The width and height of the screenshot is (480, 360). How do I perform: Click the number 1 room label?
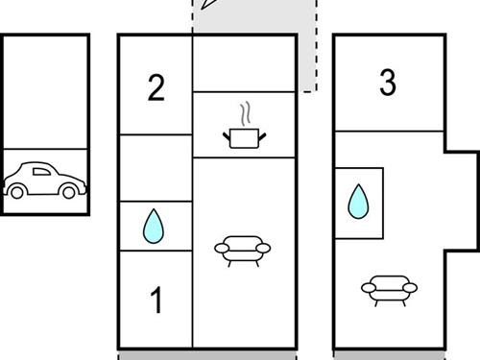pos(156,300)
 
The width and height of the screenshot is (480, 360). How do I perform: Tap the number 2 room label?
pos(156,87)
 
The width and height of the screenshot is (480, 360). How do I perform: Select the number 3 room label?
pos(388,83)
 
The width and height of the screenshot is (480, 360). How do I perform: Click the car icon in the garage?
pos(45,180)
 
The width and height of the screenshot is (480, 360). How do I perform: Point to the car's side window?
pos(41,172)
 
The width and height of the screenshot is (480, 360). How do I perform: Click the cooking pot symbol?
pos(245,138)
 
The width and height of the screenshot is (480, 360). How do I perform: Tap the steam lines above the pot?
pos(246,113)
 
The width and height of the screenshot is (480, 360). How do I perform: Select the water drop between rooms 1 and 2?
pos(154,226)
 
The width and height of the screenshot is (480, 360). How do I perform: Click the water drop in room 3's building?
pos(358,202)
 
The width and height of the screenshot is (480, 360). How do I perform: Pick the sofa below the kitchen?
pos(243,252)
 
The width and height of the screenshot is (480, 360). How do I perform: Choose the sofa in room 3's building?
pos(389,291)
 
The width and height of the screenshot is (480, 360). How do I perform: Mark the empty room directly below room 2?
pos(156,168)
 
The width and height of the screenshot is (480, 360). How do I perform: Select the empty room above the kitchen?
pos(244,64)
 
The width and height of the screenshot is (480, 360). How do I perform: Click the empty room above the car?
pos(45,92)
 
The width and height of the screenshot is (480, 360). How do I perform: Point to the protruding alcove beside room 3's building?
pos(460,201)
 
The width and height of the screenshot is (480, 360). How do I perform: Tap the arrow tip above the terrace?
pos(202,9)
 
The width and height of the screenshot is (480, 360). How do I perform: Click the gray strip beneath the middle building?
pos(207,356)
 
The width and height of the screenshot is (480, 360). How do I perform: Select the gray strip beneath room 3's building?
pos(389,356)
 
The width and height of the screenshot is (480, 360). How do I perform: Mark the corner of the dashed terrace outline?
pos(317,91)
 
